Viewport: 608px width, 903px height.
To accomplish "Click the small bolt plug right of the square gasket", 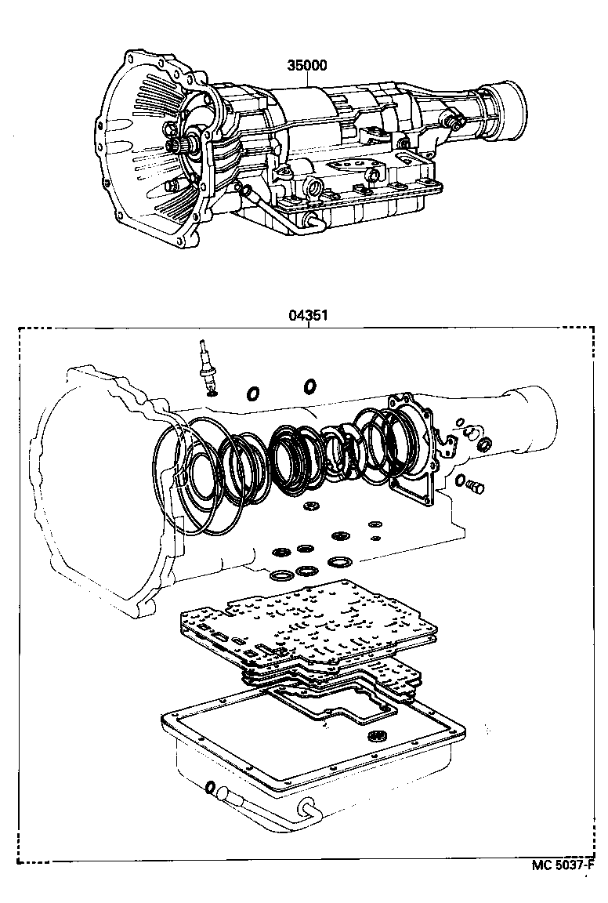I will coord(473,487).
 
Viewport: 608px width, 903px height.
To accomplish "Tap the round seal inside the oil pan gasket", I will coord(378,736).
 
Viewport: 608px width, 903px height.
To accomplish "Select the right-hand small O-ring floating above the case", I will coord(310,385).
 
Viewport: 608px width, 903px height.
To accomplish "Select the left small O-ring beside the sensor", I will coord(254,392).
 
